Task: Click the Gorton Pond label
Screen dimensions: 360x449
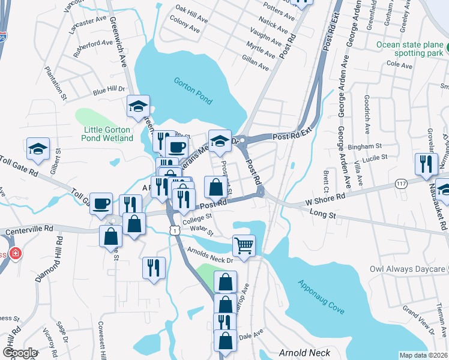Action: click(x=193, y=90)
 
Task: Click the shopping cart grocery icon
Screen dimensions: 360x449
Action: click(x=244, y=245)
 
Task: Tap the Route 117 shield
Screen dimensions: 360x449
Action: click(x=402, y=182)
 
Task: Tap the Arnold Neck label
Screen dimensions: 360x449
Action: click(x=300, y=352)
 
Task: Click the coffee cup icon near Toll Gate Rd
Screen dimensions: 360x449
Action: click(x=101, y=203)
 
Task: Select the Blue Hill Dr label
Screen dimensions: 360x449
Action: click(x=108, y=91)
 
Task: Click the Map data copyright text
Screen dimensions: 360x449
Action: click(x=422, y=355)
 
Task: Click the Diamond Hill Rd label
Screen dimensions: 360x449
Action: click(x=49, y=259)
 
